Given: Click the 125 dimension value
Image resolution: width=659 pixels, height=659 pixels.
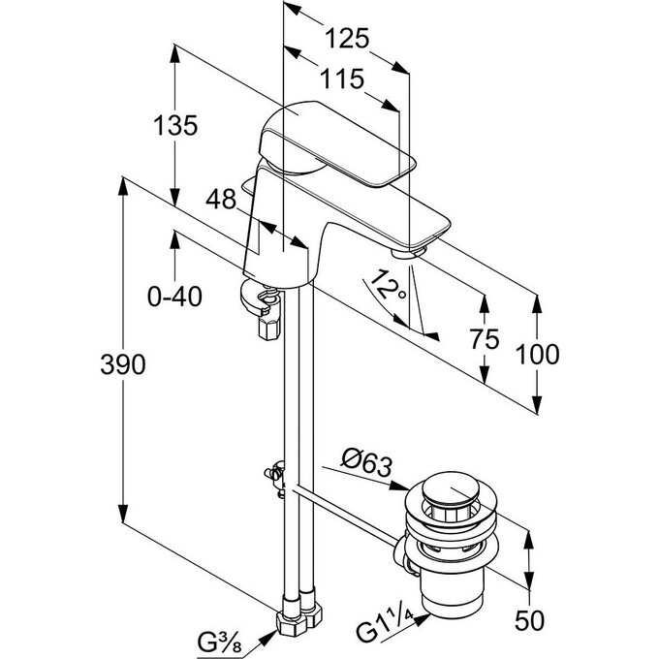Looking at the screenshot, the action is coord(347,39).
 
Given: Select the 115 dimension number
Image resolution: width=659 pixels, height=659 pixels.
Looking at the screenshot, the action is coord(342,78).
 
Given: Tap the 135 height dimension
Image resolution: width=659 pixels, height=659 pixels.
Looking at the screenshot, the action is coord(175,125).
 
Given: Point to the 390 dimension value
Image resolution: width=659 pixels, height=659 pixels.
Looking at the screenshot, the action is coord(123,364).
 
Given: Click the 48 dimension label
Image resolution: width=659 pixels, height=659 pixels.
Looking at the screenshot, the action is coord(221,199).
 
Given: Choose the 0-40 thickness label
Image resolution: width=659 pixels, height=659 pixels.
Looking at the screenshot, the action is coord(174,297).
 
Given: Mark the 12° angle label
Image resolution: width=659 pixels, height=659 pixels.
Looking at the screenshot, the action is coord(388,286).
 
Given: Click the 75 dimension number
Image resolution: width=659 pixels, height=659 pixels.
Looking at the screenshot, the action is coord(485,339).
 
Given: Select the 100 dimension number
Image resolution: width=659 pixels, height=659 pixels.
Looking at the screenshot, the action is coord(537,355).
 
